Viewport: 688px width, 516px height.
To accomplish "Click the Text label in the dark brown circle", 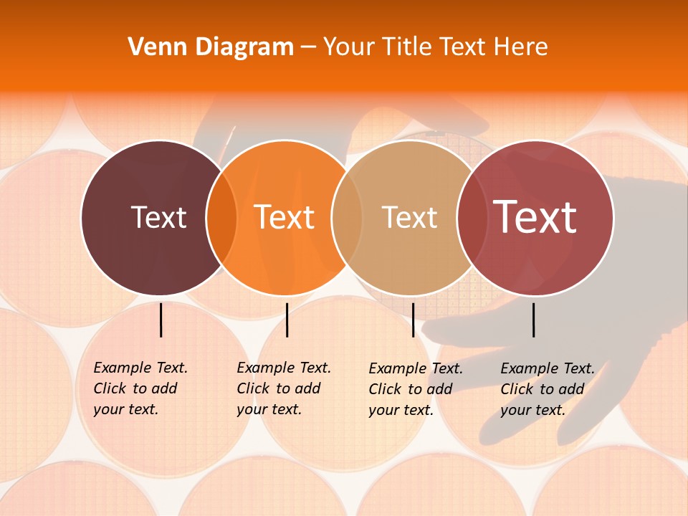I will (158, 217).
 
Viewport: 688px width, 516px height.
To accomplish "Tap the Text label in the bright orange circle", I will (285, 217).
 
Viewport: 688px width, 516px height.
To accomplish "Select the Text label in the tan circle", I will (410, 217).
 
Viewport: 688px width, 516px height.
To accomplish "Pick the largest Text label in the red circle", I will (535, 216).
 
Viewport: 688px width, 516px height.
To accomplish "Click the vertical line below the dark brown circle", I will (161, 320).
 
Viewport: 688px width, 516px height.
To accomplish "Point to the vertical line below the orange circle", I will (287, 320).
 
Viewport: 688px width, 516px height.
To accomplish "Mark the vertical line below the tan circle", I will (414, 320).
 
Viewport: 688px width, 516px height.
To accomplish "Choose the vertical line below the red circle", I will (534, 320).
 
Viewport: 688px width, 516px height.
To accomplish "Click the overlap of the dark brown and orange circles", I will (221, 218).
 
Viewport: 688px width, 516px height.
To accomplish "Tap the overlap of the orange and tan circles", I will (347, 218).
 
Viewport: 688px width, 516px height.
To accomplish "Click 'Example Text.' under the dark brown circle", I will (140, 368).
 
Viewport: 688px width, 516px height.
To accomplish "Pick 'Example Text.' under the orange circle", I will (284, 368).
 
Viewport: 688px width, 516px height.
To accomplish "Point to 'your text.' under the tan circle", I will (401, 411).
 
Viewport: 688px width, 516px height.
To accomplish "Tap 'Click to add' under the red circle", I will (543, 389).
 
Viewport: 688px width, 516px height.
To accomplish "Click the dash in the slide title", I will (308, 48).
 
